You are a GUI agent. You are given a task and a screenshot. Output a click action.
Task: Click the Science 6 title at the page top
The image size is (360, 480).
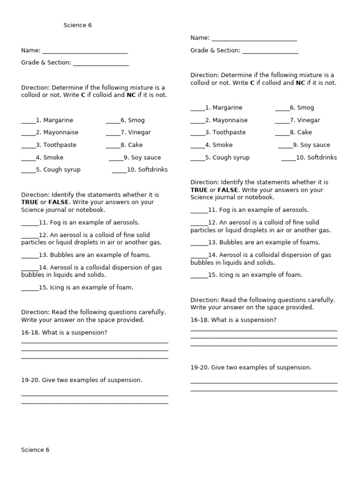point(78,25)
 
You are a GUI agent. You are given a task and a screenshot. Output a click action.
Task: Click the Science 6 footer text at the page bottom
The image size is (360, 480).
point(35,450)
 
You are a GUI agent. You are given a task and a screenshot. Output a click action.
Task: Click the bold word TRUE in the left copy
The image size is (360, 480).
point(30,202)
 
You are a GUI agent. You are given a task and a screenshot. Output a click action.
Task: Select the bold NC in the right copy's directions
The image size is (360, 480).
point(300,83)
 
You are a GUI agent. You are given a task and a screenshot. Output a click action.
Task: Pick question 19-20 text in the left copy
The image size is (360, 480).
point(82,380)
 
